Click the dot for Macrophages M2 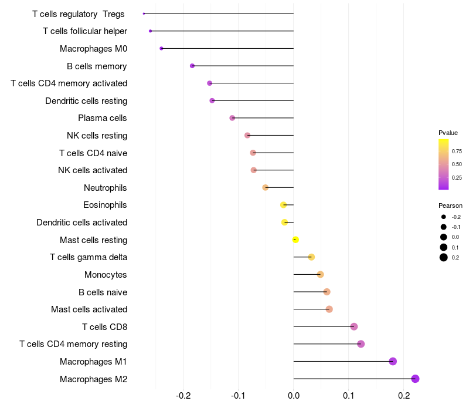pyautogui.click(x=416, y=379)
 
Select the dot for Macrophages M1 pyautogui.click(x=393, y=361)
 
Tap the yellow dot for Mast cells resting pyautogui.click(x=295, y=240)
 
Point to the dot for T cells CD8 pyautogui.click(x=354, y=326)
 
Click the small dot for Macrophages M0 pyautogui.click(x=161, y=48)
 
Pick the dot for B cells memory pyautogui.click(x=192, y=66)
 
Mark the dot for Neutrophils pyautogui.click(x=265, y=187)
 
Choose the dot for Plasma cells pyautogui.click(x=232, y=118)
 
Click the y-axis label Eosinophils pyautogui.click(x=105, y=205)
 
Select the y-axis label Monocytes pyautogui.click(x=106, y=275)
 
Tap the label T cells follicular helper pyautogui.click(x=85, y=31)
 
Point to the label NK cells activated pyautogui.click(x=93, y=170)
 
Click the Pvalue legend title pyautogui.click(x=448, y=133)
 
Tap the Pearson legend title pyautogui.click(x=450, y=206)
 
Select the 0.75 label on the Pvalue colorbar pyautogui.click(x=457, y=151)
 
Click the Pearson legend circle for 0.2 pyautogui.click(x=444, y=257)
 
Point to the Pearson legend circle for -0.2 pyautogui.click(x=444, y=217)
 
